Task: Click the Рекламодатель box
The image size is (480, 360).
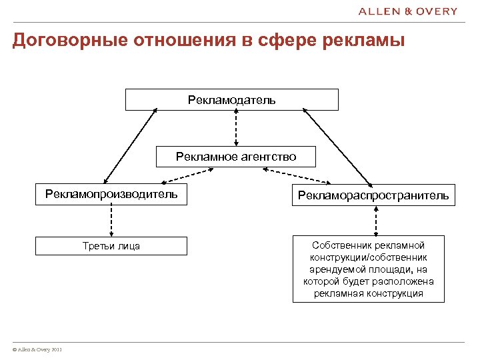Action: (232, 100)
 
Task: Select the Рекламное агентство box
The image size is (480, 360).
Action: (236, 157)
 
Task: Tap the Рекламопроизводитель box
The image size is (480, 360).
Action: (111, 195)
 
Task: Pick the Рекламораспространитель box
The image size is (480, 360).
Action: (373, 195)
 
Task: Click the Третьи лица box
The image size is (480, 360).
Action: (111, 246)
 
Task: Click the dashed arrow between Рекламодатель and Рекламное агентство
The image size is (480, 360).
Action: (236, 128)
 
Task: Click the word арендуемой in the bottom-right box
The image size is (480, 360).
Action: (333, 269)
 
